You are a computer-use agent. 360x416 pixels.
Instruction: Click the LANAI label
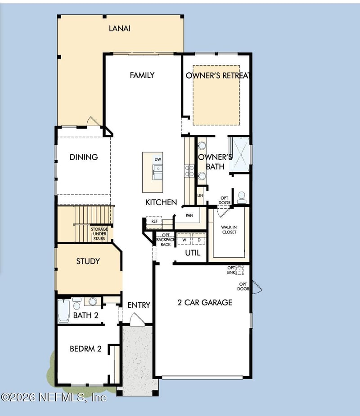click(119, 28)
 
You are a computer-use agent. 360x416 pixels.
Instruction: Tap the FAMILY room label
click(142, 75)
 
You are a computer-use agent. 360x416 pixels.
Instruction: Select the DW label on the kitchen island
click(157, 159)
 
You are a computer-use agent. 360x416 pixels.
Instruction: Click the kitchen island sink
click(157, 170)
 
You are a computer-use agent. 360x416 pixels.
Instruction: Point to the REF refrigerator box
click(154, 221)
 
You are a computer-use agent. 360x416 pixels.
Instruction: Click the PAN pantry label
click(189, 215)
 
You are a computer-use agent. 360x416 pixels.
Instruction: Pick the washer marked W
click(184, 240)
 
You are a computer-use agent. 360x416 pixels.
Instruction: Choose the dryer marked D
click(198, 240)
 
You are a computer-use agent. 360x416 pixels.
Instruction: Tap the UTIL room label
click(193, 253)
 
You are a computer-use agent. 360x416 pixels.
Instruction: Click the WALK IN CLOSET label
click(229, 230)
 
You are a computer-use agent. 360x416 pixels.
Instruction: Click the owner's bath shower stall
click(240, 154)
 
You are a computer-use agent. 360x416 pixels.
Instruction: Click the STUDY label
click(88, 261)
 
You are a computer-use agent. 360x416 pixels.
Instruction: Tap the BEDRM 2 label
click(85, 349)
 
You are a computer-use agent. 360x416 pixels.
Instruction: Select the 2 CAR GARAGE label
click(205, 303)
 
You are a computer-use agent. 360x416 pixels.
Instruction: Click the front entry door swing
click(134, 319)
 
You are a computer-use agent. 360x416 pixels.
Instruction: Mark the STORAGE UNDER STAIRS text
click(99, 234)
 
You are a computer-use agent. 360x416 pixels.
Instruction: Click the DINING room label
click(84, 157)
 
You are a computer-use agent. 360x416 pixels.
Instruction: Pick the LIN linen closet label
click(200, 196)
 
